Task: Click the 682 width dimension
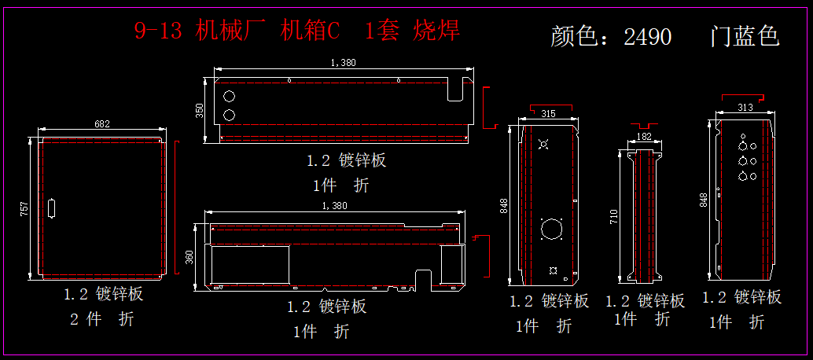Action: tap(102, 124)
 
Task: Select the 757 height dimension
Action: tap(24, 208)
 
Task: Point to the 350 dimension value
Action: tap(200, 111)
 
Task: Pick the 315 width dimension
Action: tap(548, 114)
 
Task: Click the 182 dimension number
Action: tap(643, 137)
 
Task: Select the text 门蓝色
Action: tap(744, 36)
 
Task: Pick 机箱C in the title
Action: tap(311, 31)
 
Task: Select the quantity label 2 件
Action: tap(85, 320)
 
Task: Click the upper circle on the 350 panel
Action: tap(230, 97)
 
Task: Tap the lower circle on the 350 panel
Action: tap(230, 116)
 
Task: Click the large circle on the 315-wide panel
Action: tap(553, 230)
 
